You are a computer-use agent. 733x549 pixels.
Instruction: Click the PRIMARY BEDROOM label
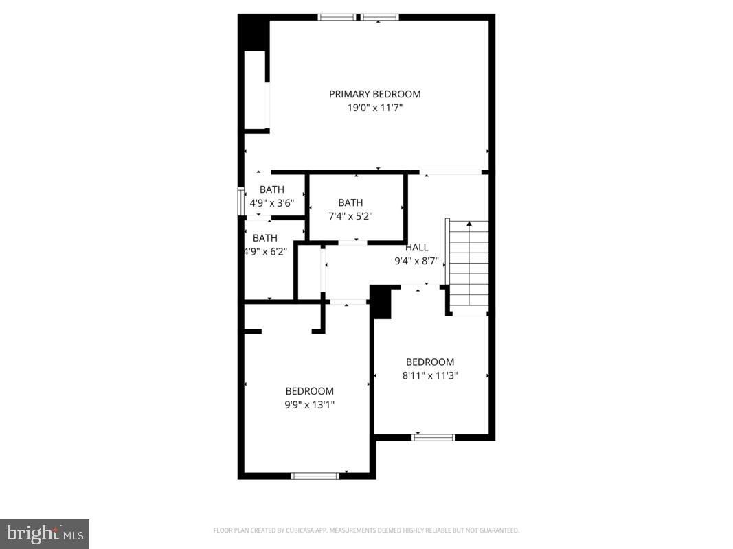point(374,94)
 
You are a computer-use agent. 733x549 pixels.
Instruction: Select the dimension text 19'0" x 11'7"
point(374,108)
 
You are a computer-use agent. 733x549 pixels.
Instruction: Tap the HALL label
point(416,248)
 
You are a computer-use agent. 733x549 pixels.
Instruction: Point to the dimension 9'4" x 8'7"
point(416,261)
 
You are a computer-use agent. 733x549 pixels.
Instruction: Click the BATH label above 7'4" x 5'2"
point(350,202)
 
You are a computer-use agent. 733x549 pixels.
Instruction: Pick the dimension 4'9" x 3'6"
point(271,203)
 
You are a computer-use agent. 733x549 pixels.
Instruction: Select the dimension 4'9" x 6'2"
point(265,251)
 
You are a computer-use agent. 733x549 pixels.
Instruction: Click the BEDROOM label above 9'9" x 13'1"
point(310,391)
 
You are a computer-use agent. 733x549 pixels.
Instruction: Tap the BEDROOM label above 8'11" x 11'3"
point(430,362)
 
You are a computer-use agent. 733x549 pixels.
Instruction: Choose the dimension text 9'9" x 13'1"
point(310,405)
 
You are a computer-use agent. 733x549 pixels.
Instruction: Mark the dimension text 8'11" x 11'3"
point(430,375)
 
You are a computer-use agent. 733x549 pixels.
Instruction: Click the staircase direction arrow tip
point(469,223)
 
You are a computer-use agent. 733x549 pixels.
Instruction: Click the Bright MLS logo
point(45,534)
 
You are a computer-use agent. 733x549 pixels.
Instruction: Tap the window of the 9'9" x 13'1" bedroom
point(315,475)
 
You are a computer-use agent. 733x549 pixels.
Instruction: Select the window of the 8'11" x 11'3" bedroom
point(433,437)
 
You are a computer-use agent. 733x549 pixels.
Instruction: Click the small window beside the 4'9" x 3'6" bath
point(241,202)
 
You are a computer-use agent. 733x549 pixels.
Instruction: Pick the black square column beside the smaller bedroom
point(381,303)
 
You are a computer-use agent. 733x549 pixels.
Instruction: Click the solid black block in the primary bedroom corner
point(253,32)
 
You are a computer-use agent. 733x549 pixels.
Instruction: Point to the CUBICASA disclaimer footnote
point(366,530)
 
